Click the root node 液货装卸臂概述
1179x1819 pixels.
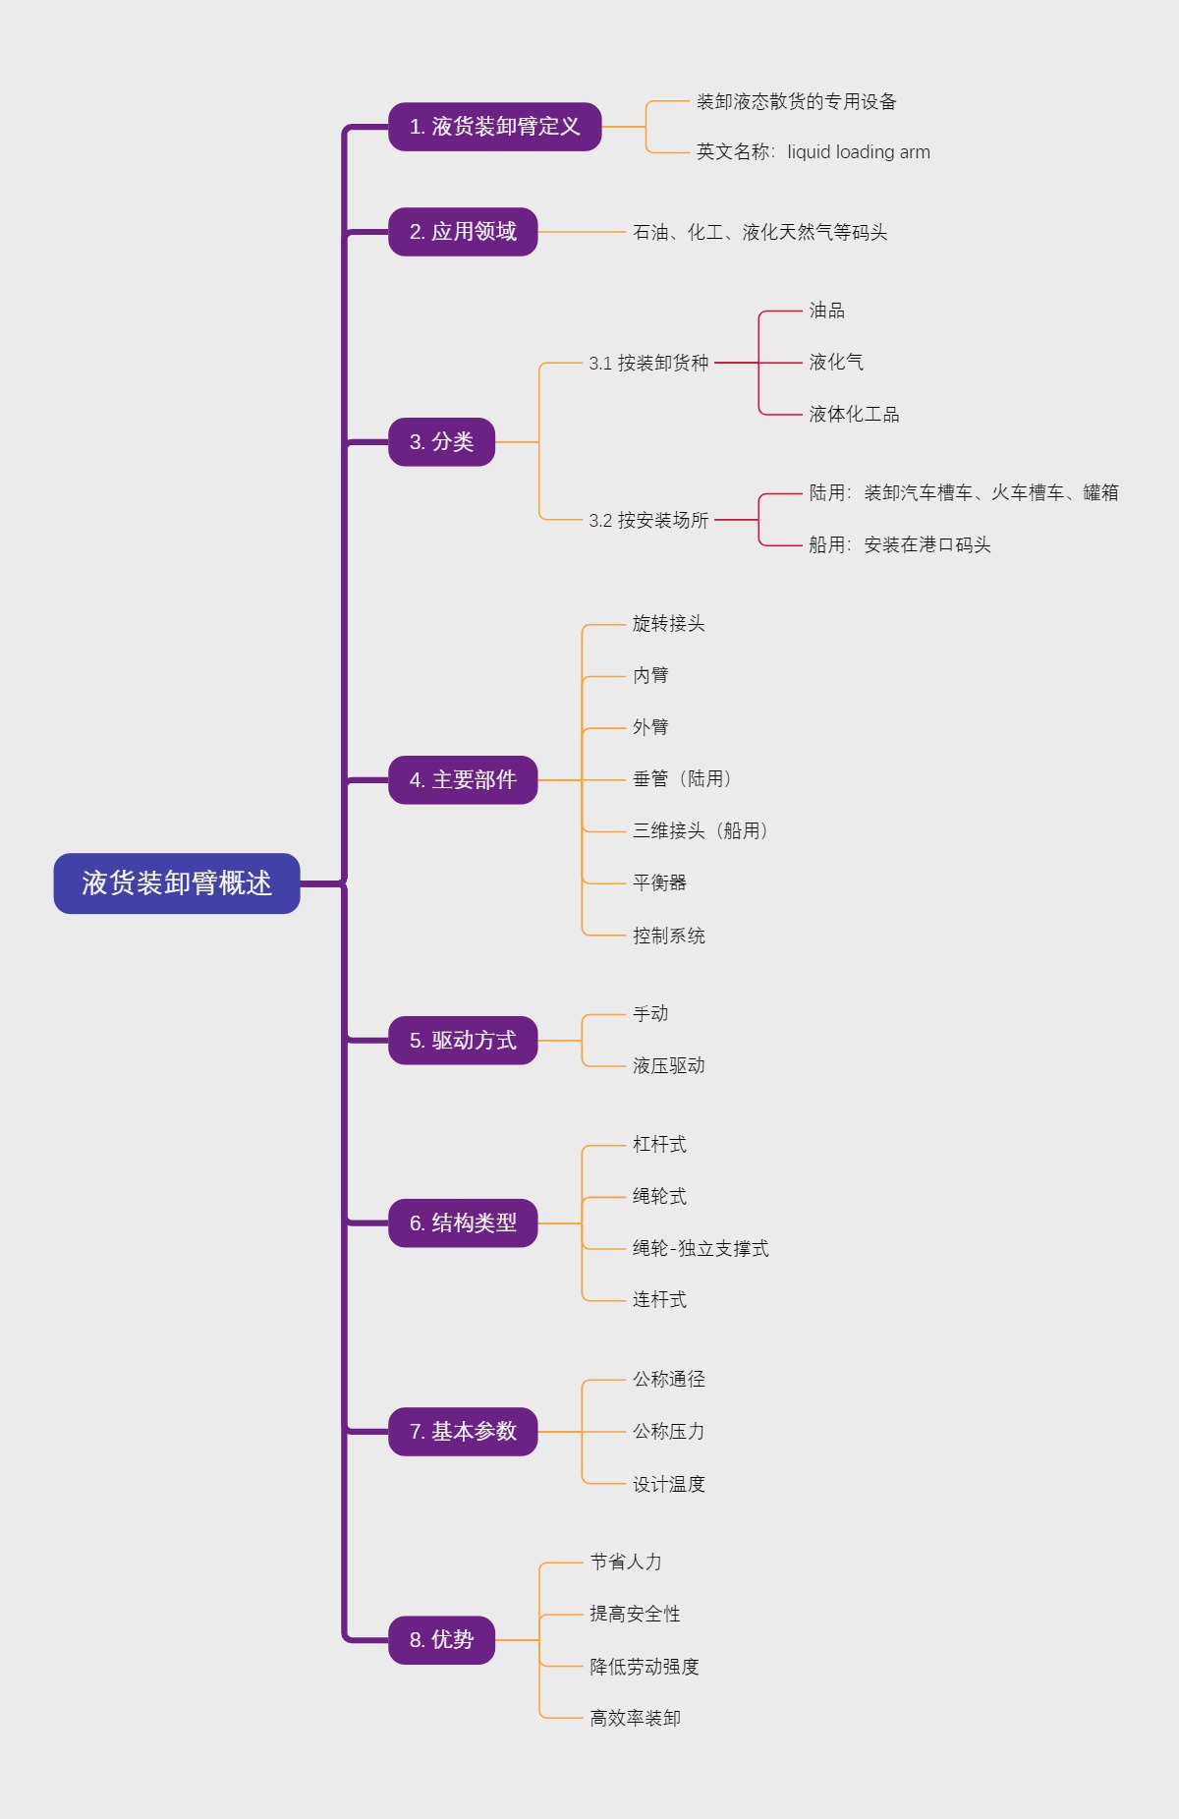tap(177, 883)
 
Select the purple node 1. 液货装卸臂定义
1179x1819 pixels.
tap(494, 127)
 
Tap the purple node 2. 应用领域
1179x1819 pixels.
tap(463, 232)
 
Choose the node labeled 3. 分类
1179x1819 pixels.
tap(441, 442)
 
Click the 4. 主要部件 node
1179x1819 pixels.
tap(463, 780)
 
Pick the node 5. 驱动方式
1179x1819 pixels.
tap(463, 1041)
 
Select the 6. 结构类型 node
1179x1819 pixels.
tap(463, 1223)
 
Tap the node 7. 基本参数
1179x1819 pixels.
tap(463, 1432)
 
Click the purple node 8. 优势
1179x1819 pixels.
tap(441, 1640)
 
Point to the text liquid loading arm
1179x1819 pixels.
tap(858, 152)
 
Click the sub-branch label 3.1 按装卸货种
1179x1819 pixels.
tap(648, 363)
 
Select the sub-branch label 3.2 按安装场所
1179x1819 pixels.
tap(648, 520)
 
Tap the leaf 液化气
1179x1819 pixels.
tap(836, 363)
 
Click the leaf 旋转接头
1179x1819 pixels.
tap(668, 624)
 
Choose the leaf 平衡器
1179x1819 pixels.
tap(659, 882)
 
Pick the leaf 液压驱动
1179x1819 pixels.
tap(668, 1066)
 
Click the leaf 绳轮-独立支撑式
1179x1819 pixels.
tap(701, 1249)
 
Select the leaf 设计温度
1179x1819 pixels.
tap(668, 1484)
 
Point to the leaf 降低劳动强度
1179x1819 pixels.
tap(644, 1667)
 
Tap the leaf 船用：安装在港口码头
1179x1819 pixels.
tap(899, 545)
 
